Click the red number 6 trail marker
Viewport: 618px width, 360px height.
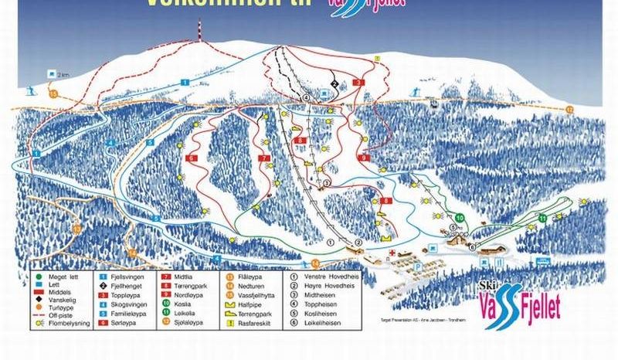[x=188, y=158]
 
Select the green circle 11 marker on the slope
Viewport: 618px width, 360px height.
[x=542, y=219]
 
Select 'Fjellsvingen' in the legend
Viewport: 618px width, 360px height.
[x=129, y=275]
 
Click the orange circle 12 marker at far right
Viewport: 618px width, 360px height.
[x=570, y=110]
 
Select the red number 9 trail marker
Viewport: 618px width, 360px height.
[x=362, y=158]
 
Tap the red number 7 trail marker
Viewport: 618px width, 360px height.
[x=265, y=158]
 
